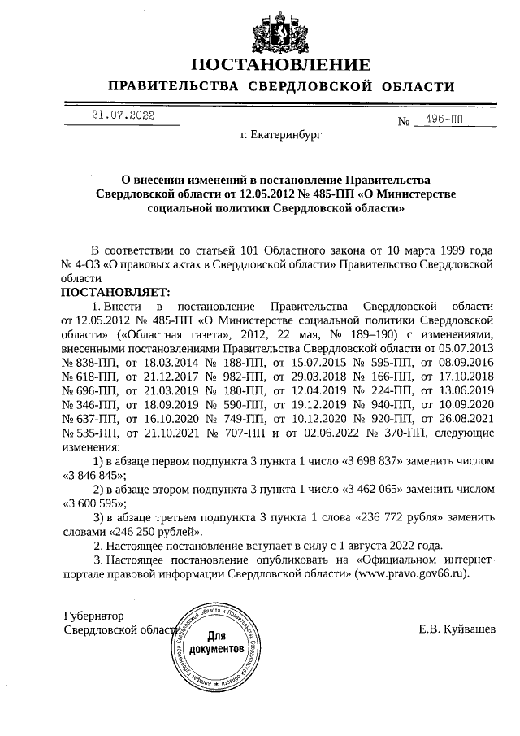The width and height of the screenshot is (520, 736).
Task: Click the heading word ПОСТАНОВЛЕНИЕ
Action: pyautogui.click(x=281, y=64)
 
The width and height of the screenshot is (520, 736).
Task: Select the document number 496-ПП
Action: pyautogui.click(x=443, y=121)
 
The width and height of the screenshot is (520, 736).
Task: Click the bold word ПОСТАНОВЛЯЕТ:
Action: pyautogui.click(x=113, y=291)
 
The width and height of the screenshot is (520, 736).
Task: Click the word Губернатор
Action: pyautogui.click(x=93, y=616)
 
